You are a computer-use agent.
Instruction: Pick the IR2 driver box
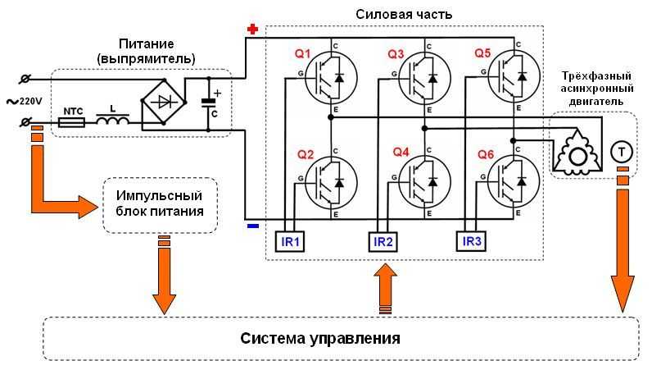(383, 241)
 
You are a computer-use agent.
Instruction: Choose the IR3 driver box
(472, 241)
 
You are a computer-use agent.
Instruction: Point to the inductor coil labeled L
(112, 121)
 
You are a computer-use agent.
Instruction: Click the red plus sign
(252, 30)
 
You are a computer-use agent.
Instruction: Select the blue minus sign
(252, 225)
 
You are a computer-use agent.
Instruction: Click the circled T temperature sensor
(623, 150)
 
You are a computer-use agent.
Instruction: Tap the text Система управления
(320, 338)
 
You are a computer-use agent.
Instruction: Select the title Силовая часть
(404, 14)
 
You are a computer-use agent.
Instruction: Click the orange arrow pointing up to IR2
(384, 286)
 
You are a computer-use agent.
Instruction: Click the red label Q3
(396, 54)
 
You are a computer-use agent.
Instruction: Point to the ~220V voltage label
(25, 100)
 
